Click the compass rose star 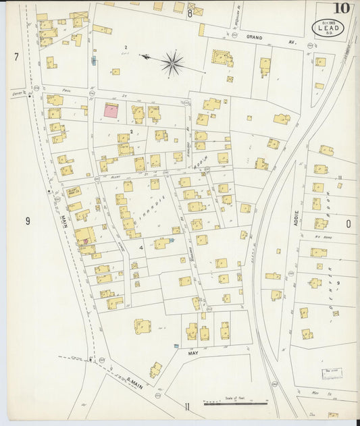172,63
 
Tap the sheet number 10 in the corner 341,9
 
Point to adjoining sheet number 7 16,57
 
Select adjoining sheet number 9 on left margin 28,220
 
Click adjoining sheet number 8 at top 190,13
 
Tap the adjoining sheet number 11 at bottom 186,405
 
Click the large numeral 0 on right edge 349,223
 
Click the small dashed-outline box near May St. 331,372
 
